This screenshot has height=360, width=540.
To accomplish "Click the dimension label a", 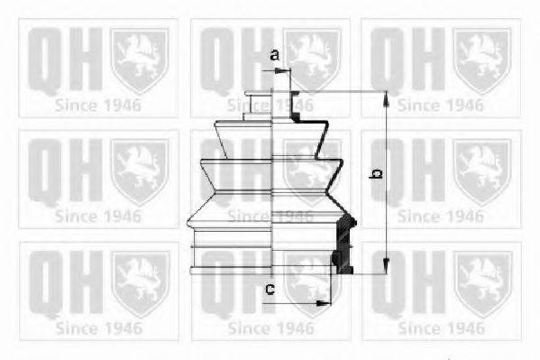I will coord(275,55).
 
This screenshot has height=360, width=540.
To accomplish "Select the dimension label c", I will coord(269,289).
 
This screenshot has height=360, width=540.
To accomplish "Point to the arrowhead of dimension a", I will coord(288,69).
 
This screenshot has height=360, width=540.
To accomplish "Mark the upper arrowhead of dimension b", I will coord(386,97).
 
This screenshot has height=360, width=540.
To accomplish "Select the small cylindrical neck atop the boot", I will coord(261,102).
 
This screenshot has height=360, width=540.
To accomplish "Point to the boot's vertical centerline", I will coord(272,180).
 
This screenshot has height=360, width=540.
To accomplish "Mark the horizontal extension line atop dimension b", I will coord(343,91).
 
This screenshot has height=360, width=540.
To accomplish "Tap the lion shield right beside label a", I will coord(312,54).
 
